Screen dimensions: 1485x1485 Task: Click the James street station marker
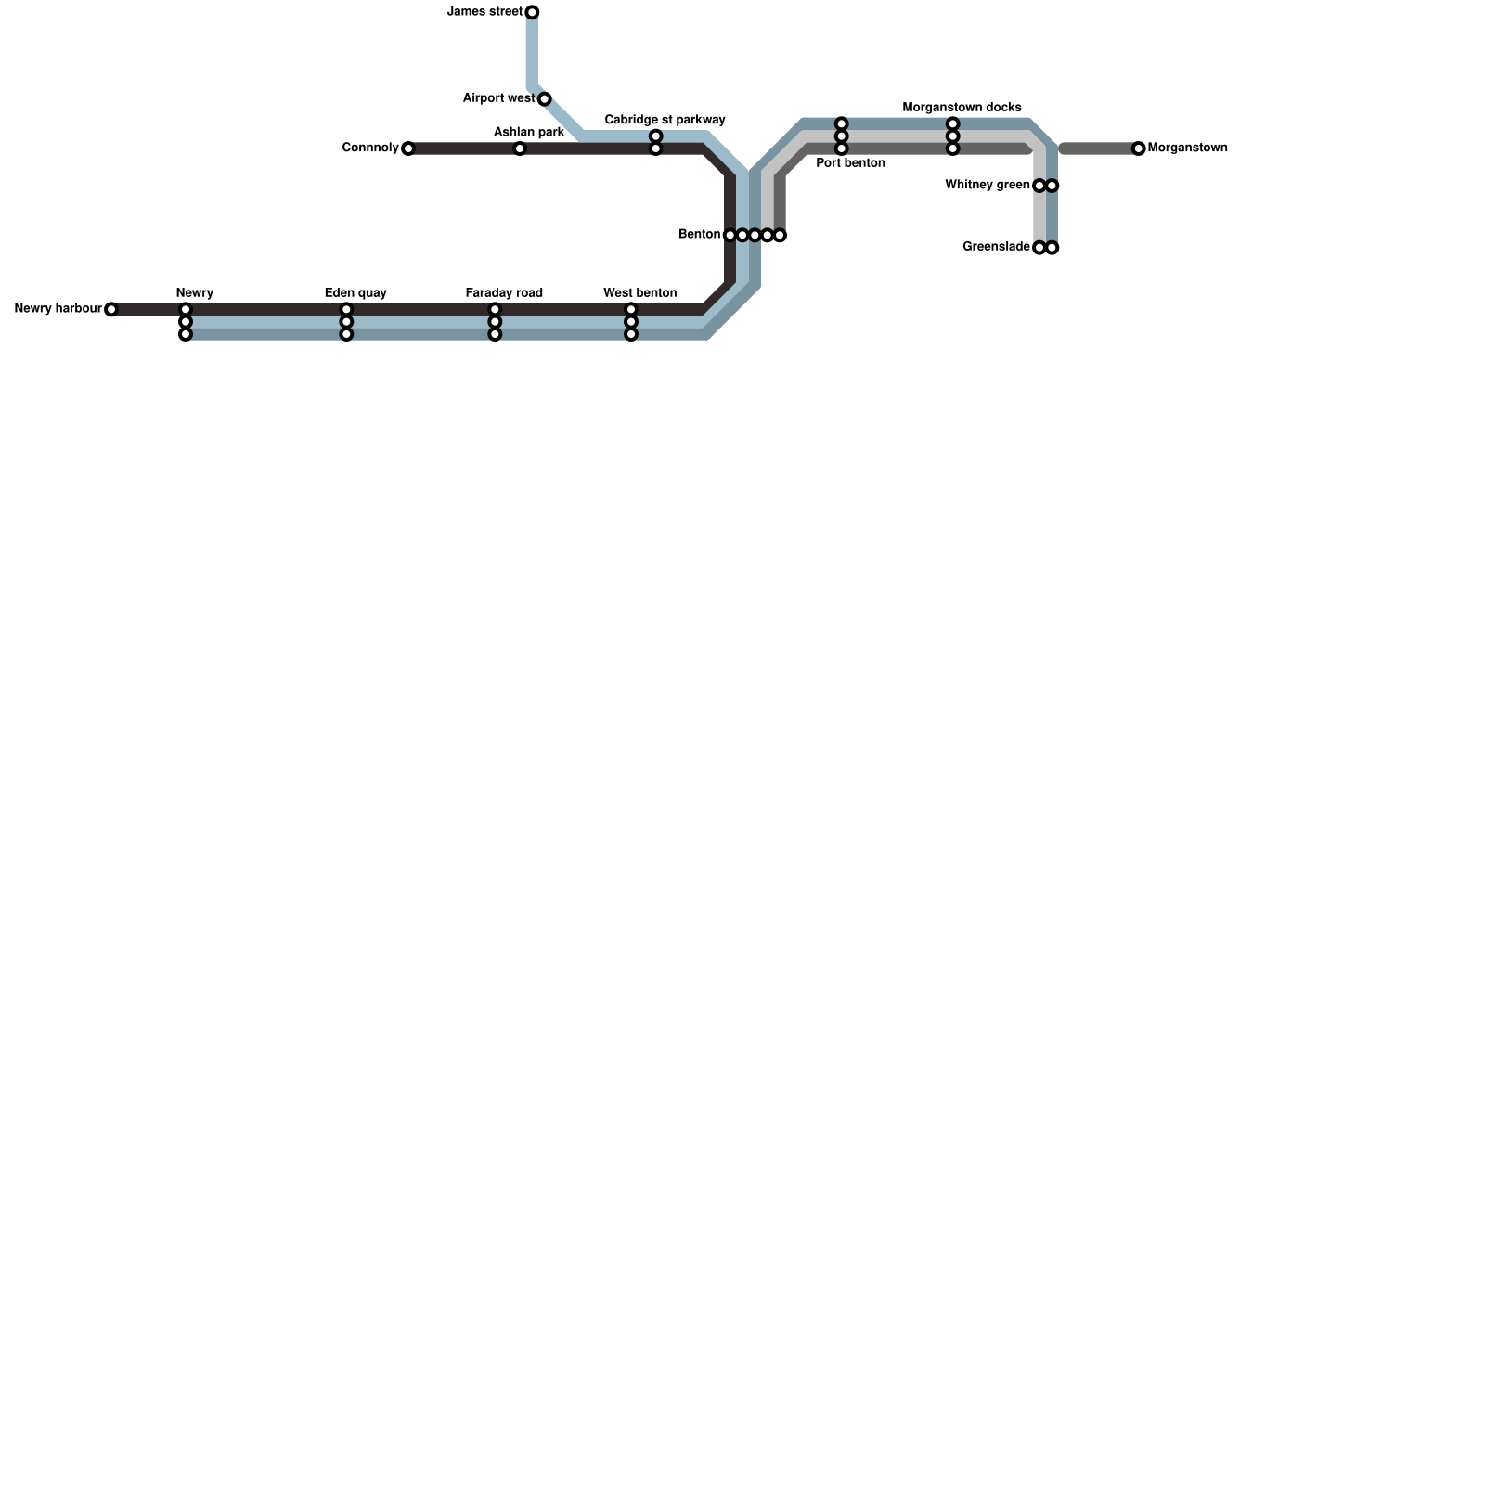(532, 12)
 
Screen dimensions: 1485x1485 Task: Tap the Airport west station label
(498, 98)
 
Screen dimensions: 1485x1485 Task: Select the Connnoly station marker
(407, 148)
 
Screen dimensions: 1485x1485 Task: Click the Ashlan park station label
(528, 133)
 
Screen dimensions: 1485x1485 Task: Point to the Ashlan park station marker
(520, 148)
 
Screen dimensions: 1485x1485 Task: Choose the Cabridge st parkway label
(665, 120)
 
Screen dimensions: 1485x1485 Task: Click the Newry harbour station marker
(111, 309)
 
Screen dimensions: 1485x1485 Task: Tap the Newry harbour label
(58, 309)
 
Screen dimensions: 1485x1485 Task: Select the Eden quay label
(355, 293)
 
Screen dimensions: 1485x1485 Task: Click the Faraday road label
(504, 293)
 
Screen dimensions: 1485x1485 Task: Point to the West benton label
(639, 293)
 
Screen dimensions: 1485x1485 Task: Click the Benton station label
(699, 235)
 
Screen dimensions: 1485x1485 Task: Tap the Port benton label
(850, 163)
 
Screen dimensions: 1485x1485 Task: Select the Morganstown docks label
(962, 108)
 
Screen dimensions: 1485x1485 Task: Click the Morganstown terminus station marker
(1139, 148)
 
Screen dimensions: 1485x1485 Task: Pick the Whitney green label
(987, 186)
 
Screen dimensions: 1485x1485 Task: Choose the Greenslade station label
(996, 247)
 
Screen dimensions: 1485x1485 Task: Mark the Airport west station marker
(545, 99)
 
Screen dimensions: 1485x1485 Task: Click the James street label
(484, 12)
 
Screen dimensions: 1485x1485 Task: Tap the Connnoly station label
(369, 148)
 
